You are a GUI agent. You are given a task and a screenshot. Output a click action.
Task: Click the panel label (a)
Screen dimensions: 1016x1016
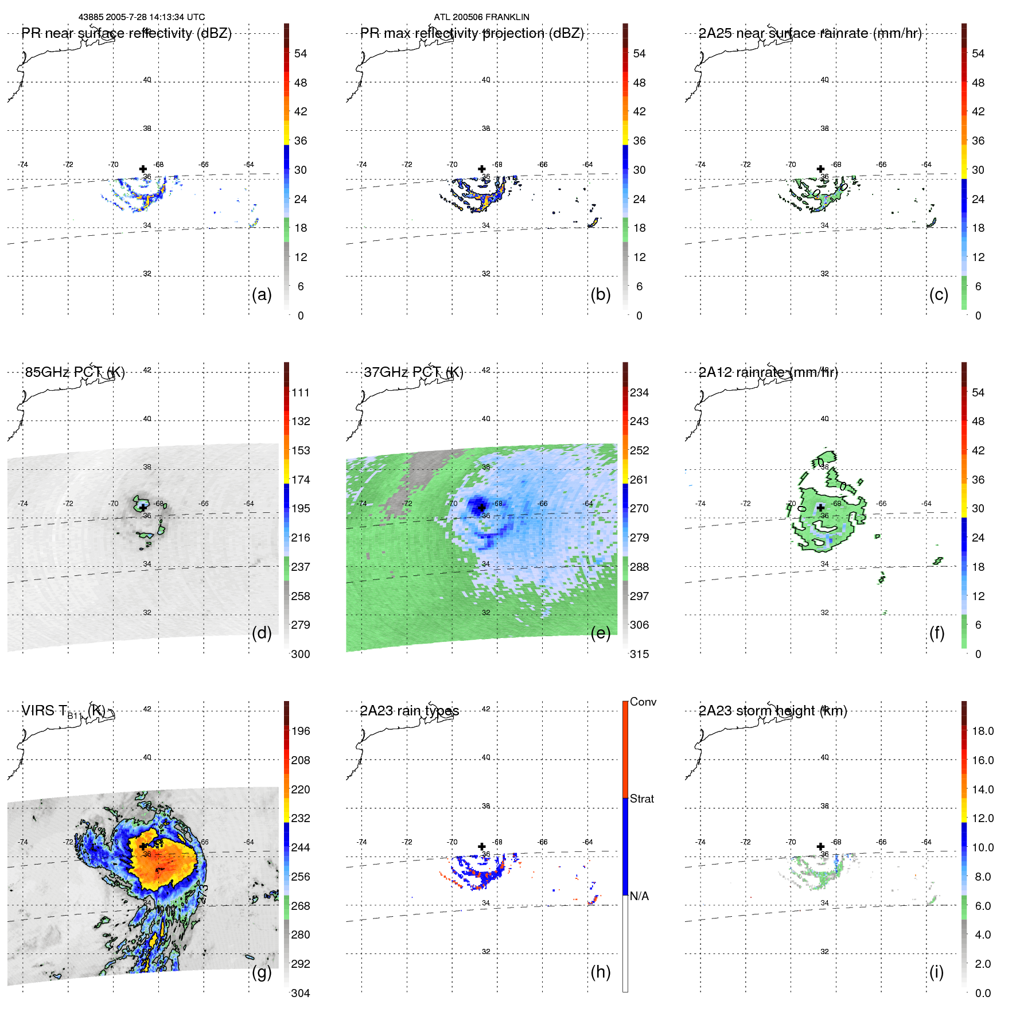[261, 294]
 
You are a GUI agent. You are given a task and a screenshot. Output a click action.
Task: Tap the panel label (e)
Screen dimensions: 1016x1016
[600, 633]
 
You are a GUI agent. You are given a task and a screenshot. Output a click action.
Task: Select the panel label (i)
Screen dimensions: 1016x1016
[936, 972]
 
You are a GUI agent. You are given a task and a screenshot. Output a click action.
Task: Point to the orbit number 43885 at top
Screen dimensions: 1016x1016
[91, 17]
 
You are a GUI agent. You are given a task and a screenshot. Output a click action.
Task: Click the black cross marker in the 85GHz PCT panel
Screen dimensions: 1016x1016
[143, 508]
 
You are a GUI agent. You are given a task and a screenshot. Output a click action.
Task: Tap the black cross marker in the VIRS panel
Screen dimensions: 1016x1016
[143, 846]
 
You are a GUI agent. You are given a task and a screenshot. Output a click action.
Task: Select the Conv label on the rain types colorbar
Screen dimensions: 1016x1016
[643, 702]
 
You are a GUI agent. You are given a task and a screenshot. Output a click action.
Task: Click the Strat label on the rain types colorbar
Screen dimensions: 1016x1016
[642, 799]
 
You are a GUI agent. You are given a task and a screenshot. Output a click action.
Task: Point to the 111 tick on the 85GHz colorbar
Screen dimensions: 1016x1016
[301, 392]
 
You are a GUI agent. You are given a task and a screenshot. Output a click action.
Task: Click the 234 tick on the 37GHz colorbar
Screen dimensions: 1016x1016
[639, 392]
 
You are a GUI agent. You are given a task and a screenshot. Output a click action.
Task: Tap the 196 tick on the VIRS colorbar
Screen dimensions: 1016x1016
[301, 731]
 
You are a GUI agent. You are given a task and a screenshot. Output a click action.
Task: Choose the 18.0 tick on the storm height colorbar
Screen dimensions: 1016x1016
[983, 731]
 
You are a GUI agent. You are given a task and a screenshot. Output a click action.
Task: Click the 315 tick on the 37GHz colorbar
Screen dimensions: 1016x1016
[639, 654]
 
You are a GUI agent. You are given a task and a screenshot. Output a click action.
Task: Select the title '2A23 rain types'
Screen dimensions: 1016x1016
[410, 711]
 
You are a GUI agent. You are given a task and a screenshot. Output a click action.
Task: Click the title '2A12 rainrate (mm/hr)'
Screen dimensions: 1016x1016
[768, 372]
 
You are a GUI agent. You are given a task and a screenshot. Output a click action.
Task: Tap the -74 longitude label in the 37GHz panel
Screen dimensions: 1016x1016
[361, 504]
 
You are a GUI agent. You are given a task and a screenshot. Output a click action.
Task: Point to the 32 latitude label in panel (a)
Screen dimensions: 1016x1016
[147, 274]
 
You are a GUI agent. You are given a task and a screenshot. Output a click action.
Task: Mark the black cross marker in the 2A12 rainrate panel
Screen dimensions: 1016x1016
[820, 508]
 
